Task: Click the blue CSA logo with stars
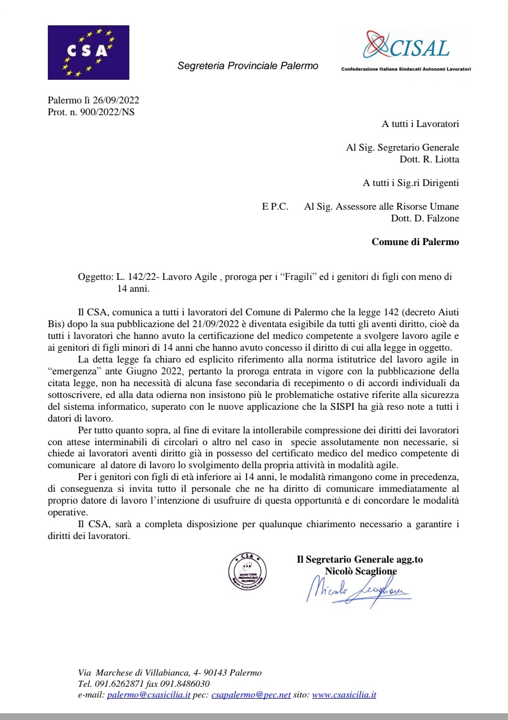click(88, 52)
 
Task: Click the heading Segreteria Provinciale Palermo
click(247, 66)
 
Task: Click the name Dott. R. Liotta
click(429, 159)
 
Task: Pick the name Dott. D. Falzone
click(425, 219)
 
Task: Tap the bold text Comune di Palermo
click(415, 242)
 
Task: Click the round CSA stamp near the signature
click(247, 575)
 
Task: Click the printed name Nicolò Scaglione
click(360, 571)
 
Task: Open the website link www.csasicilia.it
click(344, 695)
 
